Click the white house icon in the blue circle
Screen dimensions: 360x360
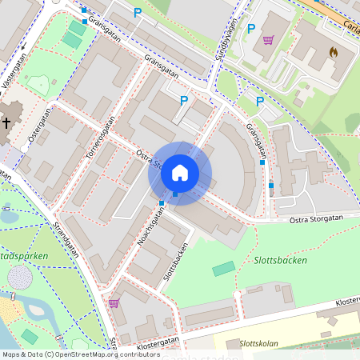180,172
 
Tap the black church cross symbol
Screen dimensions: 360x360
6,123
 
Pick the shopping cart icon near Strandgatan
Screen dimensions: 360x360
114,303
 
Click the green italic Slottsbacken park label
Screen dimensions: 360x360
280,261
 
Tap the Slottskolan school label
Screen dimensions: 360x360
258,344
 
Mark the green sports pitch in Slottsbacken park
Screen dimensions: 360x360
224,269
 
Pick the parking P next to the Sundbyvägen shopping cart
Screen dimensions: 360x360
250,29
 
